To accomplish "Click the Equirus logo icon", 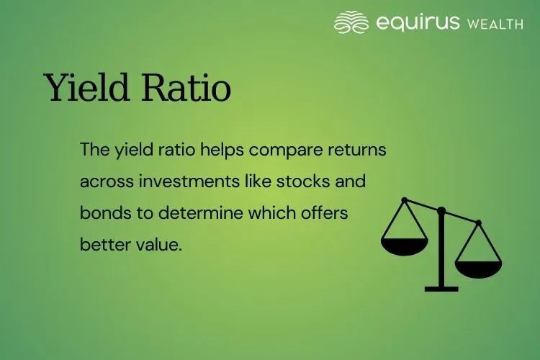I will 351,22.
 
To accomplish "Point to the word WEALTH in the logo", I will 495,24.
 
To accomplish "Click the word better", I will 102,243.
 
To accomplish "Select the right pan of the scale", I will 478,268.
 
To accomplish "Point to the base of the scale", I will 441,288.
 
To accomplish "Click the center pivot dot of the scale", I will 441,210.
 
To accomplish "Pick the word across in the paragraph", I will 102,181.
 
